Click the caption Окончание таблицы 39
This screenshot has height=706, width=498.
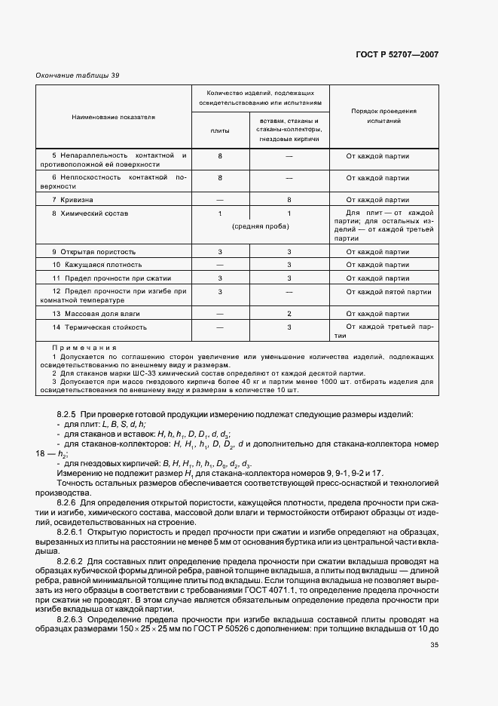pyautogui.click(x=78, y=75)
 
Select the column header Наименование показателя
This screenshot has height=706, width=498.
pyautogui.click(x=114, y=118)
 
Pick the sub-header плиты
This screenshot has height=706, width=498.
pyautogui.click(x=219, y=130)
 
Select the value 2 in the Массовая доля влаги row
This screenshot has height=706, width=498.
pyautogui.click(x=289, y=313)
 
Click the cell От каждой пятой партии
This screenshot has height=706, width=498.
pyautogui.click(x=388, y=292)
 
